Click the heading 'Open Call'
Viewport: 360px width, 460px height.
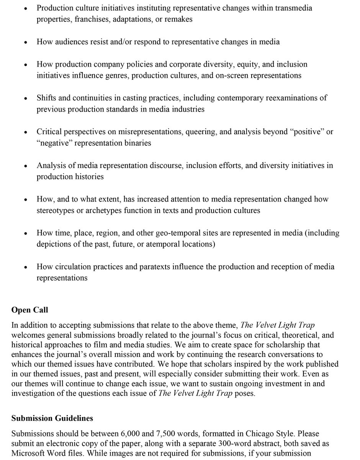29,310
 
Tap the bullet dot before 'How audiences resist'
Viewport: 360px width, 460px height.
25,43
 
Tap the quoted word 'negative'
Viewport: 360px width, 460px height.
53,143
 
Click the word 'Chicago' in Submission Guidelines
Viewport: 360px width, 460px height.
237,434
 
